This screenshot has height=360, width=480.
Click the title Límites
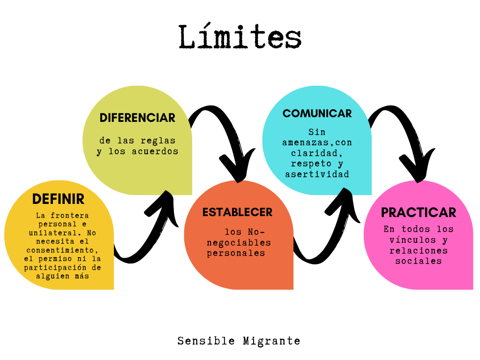[x=240, y=37]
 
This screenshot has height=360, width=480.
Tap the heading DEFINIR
[x=58, y=199]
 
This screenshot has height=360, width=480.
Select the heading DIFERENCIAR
[x=137, y=118]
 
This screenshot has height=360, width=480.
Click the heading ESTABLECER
[x=237, y=212]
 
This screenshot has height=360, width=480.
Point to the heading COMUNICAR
[x=317, y=113]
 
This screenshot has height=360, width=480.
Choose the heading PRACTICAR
[x=418, y=212]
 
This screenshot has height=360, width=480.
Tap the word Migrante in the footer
[x=271, y=341]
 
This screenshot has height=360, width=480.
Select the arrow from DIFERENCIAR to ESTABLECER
[x=225, y=141]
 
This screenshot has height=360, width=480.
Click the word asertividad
[x=317, y=174]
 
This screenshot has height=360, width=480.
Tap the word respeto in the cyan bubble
[x=307, y=164]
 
